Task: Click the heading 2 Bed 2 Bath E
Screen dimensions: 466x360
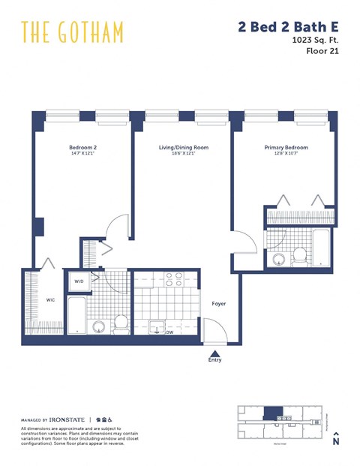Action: [288, 27]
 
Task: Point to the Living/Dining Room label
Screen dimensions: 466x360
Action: [183, 148]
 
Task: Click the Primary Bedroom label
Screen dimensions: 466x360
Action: [286, 148]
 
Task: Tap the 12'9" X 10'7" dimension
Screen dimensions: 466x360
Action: [286, 154]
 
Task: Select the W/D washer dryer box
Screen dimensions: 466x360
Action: [77, 283]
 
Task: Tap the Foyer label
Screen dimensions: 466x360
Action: [218, 304]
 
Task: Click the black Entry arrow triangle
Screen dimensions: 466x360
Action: [215, 352]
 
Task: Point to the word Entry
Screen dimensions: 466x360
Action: [215, 360]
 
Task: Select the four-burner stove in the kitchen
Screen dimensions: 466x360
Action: [173, 281]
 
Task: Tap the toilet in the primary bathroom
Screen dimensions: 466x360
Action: [298, 256]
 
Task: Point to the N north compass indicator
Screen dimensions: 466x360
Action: [336, 441]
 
